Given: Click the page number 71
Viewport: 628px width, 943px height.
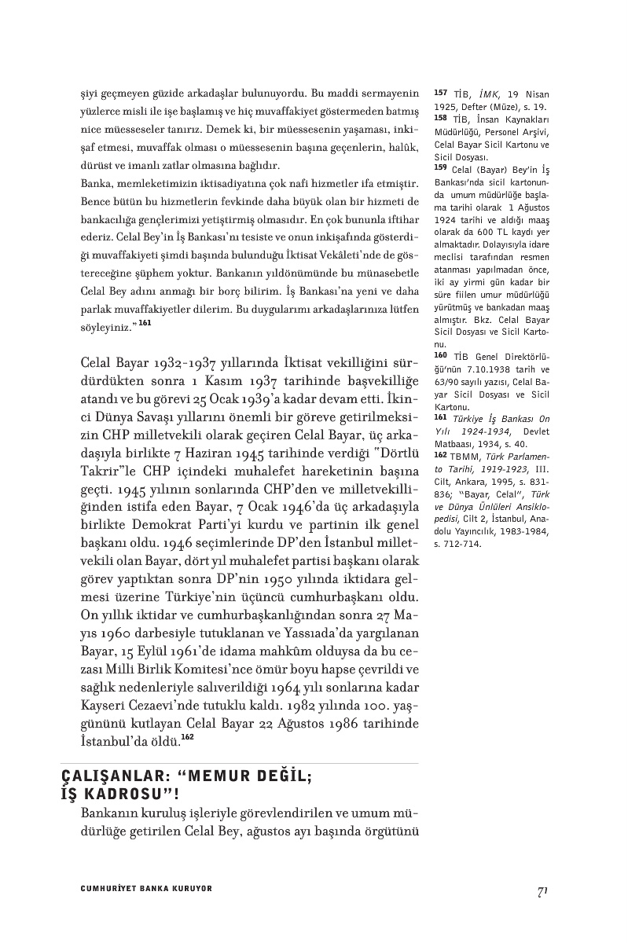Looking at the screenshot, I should click(x=542, y=890).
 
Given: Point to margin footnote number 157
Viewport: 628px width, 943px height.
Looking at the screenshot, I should click(x=440, y=93).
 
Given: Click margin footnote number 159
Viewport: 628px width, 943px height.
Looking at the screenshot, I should click(x=440, y=167).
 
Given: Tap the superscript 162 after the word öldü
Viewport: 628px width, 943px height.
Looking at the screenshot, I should click(x=187, y=737).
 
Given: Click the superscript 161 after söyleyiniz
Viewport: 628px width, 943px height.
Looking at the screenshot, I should click(x=144, y=300).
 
